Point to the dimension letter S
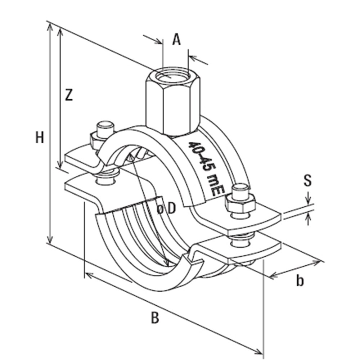(307, 181)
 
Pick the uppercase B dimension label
(155, 318)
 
